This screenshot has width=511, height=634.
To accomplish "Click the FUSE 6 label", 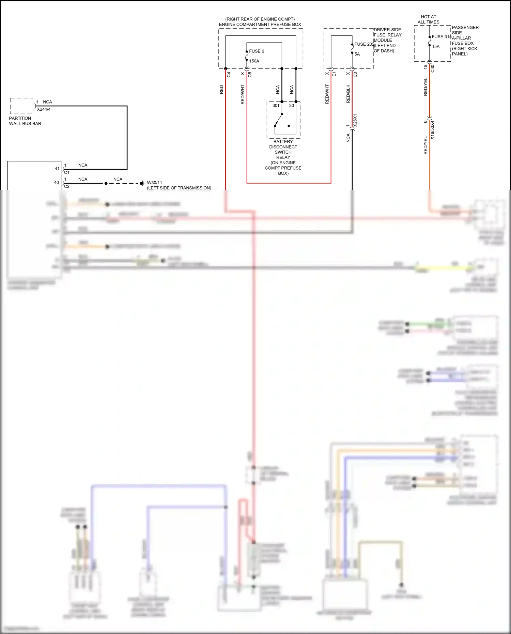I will (x=257, y=51).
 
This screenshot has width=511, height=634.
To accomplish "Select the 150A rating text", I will (x=254, y=61).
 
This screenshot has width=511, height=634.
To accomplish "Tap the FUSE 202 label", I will (x=364, y=44).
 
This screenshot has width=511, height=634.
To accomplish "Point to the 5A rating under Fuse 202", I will (x=357, y=54).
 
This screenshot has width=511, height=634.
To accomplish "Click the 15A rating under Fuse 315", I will (x=436, y=47).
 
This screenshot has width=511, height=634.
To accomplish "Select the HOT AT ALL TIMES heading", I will (x=428, y=19).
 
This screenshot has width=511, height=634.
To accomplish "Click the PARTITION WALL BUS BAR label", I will (x=25, y=121).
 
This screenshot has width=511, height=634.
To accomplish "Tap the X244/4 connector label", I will (x=44, y=109).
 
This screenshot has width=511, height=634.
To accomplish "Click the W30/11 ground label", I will (x=154, y=183).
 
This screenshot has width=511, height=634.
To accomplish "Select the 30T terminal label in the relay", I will (x=276, y=106).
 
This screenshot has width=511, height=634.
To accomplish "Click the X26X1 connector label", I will (x=355, y=121).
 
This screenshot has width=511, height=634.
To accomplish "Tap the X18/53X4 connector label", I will (x=433, y=130).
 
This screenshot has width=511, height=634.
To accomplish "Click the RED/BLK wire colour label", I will (x=348, y=94).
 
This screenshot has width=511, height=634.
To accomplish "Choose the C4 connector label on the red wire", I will (x=229, y=74).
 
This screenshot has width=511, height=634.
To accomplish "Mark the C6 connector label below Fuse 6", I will (x=250, y=74).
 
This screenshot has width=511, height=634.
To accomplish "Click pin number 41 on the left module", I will (x=57, y=168).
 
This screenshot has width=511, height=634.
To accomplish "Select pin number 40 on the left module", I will (x=57, y=183).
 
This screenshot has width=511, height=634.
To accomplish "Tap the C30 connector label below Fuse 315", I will (x=433, y=68).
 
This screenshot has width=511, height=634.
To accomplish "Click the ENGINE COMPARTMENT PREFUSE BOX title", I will (x=260, y=25).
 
